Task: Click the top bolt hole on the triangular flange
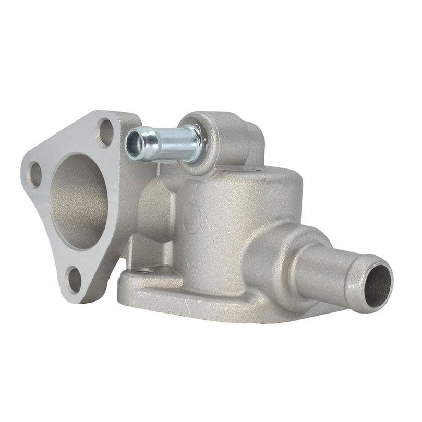coord(105,132)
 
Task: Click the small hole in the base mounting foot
coord(148,269)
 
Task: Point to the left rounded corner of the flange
coord(26,172)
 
